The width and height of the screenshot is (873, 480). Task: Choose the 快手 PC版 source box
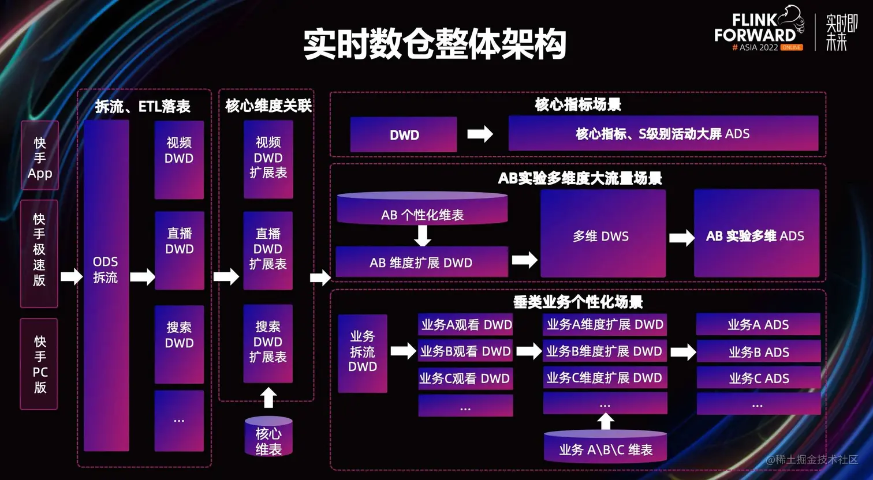39,363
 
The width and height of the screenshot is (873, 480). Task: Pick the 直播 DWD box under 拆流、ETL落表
179,250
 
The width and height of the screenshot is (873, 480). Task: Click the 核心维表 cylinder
268,437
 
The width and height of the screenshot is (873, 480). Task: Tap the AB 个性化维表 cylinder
422,209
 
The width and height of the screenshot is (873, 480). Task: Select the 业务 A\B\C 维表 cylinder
605,447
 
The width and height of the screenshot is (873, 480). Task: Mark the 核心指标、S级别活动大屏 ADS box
663,134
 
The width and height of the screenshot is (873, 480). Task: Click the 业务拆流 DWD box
363,352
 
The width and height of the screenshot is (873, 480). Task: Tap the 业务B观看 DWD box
465,351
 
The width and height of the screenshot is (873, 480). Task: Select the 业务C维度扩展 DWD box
605,378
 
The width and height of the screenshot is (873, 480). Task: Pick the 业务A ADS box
758,325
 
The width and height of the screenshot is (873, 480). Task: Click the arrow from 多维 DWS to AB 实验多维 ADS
681,237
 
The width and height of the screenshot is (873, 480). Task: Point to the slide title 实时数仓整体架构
434,44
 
